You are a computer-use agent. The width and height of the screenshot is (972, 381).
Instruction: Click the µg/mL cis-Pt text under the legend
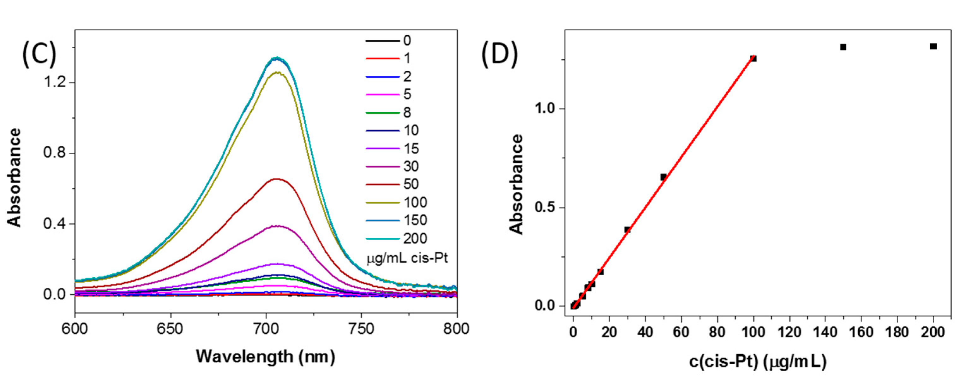click(407, 259)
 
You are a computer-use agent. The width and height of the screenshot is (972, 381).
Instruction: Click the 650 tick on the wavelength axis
click(170, 329)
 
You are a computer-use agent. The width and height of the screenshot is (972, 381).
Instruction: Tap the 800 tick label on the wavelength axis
click(457, 329)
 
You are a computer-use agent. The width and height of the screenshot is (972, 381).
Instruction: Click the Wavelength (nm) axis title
click(265, 356)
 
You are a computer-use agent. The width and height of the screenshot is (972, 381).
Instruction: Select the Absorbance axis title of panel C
click(14, 177)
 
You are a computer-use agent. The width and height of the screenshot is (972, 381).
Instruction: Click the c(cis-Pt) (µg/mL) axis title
click(758, 361)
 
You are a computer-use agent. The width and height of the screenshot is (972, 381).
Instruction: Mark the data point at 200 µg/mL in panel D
click(933, 46)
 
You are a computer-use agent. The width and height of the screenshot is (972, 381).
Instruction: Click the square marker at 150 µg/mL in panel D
click(843, 47)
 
